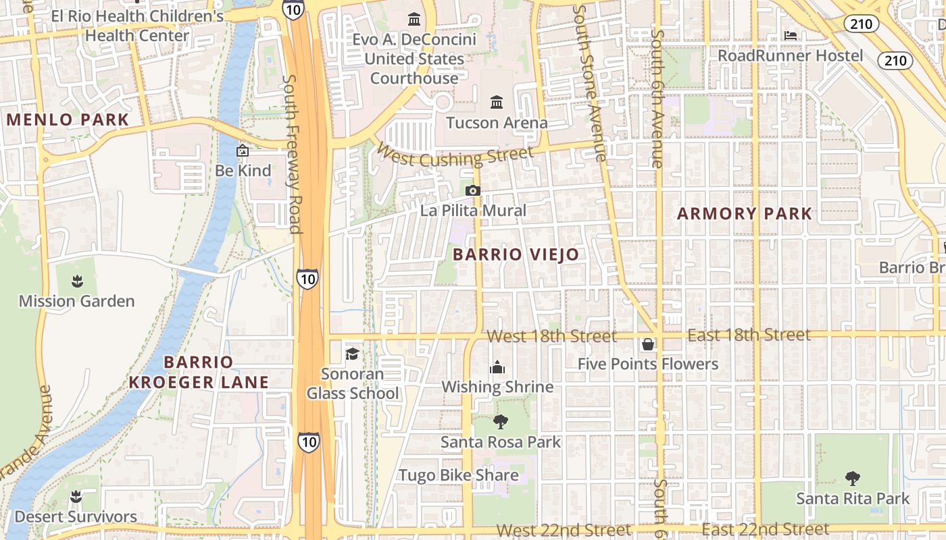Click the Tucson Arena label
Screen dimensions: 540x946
497,123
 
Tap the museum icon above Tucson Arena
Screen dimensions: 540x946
497,102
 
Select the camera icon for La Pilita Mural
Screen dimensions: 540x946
473,191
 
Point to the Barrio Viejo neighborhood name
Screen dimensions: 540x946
516,254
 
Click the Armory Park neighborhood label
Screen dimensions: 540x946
745,214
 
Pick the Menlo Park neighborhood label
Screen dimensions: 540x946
68,120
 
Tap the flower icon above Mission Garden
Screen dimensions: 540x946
76,280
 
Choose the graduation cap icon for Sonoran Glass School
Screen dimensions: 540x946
352,354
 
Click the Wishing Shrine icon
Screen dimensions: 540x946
497,367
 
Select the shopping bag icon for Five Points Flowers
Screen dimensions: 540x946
647,344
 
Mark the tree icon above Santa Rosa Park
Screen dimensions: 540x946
501,422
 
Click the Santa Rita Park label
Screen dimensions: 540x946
853,499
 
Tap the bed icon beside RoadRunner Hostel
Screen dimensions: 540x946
791,35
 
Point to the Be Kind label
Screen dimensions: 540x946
243,171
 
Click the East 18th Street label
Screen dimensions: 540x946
748,335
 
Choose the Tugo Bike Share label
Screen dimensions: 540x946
459,475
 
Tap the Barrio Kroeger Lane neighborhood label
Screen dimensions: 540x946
199,372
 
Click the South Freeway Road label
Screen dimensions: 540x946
291,154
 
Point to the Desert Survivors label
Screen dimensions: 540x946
76,517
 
